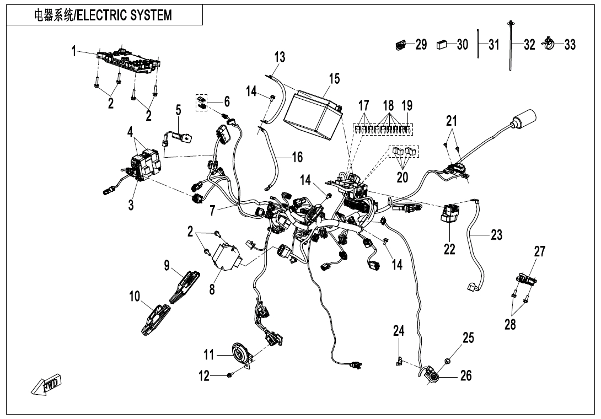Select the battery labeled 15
(x=313, y=113)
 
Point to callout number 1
(x=74, y=51)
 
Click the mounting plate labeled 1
(x=128, y=60)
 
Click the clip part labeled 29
(x=401, y=45)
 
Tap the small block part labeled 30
(x=442, y=45)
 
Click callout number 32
(x=529, y=45)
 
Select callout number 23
(x=496, y=235)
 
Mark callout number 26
(x=466, y=376)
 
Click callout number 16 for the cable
(x=297, y=158)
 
